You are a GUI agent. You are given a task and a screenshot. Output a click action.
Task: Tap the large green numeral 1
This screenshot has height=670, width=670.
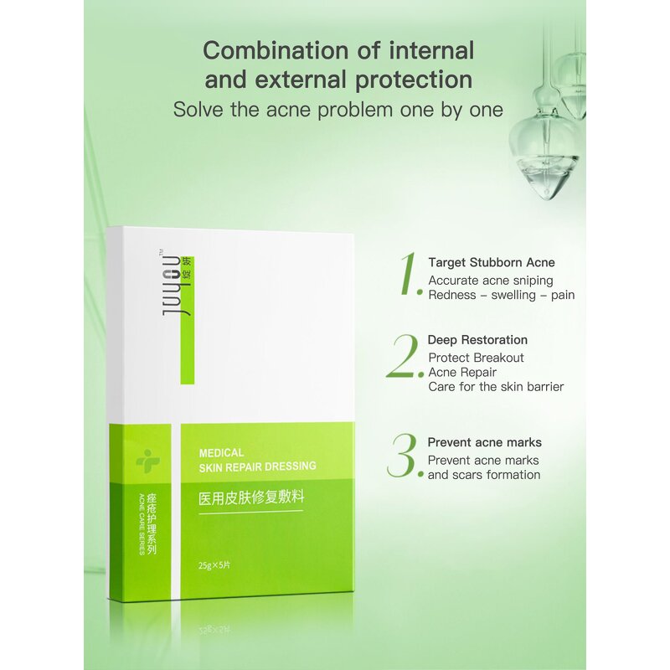(x=410, y=273)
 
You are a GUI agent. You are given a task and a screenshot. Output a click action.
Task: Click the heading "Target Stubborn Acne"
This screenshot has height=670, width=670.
(x=492, y=263)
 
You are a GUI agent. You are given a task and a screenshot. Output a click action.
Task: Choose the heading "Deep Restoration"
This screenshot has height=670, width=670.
(x=477, y=340)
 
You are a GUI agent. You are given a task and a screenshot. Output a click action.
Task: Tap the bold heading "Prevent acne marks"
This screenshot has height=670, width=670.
(x=484, y=442)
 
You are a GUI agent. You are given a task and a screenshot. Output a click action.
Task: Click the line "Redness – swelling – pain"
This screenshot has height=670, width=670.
(x=502, y=295)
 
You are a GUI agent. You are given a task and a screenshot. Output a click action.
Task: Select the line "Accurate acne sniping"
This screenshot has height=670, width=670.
(x=491, y=281)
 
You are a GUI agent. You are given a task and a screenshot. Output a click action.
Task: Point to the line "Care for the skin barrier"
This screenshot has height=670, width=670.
(x=496, y=387)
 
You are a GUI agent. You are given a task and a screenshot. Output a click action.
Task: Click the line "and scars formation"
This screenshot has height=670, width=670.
(x=484, y=475)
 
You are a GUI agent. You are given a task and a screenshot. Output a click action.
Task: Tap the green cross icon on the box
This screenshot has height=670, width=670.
(x=147, y=459)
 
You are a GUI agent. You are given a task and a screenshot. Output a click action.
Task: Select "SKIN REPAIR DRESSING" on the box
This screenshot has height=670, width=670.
(x=258, y=466)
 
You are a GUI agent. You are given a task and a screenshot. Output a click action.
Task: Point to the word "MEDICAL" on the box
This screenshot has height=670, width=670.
(x=222, y=452)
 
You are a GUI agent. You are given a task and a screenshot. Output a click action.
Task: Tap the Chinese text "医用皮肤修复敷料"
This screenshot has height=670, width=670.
(x=250, y=497)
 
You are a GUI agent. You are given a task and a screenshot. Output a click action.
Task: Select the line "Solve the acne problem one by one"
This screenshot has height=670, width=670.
(x=338, y=110)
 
